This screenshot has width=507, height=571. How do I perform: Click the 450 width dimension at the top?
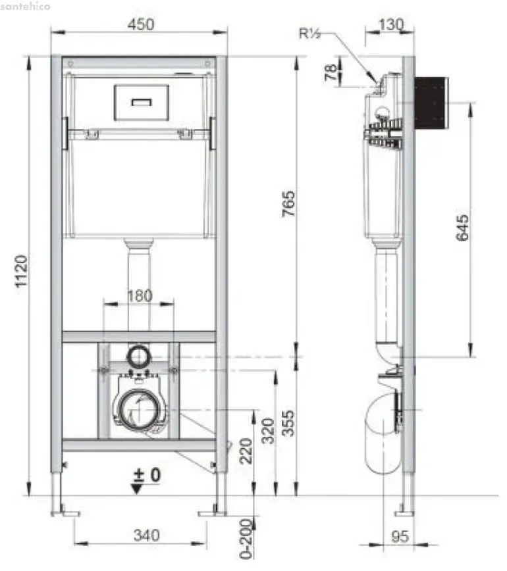[141, 24]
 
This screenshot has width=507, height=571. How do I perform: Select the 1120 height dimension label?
[21, 271]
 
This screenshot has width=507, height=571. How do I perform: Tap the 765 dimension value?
[288, 204]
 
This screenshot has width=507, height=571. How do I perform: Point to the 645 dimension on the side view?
[462, 228]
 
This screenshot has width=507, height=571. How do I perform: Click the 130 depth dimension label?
[392, 25]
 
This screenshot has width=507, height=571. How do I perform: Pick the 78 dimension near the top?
[331, 72]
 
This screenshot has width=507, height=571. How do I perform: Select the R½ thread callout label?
[310, 34]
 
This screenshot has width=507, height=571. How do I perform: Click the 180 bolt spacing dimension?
[140, 296]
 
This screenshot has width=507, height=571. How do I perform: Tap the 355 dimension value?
[288, 423]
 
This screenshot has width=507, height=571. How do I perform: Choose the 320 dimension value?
[268, 431]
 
